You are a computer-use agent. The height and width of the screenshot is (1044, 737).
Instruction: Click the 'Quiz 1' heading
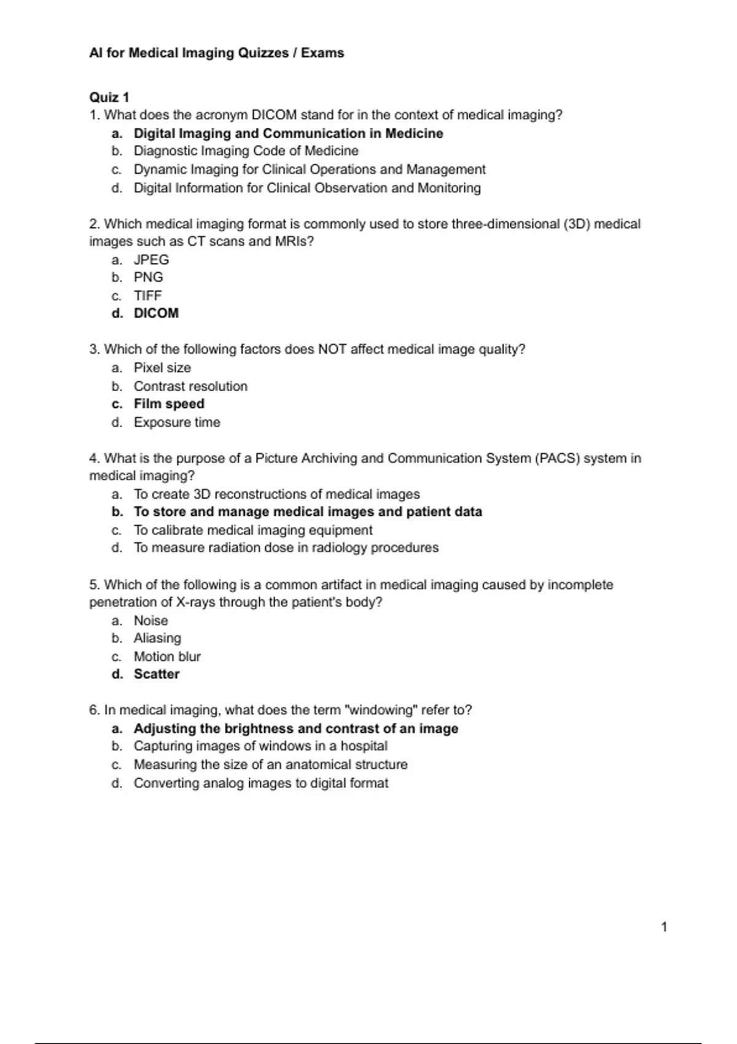pos(109,97)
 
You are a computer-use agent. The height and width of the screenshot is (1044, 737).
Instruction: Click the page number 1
pos(664,927)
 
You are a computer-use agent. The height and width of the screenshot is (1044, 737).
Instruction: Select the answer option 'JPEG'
pos(151,260)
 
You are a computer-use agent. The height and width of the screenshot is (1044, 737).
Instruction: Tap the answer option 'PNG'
pos(148,278)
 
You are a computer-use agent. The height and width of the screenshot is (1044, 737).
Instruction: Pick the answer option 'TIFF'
pos(147,295)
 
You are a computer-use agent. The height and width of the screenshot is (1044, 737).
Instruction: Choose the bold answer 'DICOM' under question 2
pos(156,313)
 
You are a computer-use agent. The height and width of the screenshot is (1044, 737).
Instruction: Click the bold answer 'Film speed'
pos(169,404)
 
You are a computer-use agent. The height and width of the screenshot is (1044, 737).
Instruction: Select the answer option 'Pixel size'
pos(162,368)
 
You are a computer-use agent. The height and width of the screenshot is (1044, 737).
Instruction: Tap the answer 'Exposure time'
pos(177,423)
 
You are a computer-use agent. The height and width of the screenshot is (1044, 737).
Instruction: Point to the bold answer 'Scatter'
pos(157,674)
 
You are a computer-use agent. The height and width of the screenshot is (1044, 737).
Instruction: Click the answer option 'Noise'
pos(150,621)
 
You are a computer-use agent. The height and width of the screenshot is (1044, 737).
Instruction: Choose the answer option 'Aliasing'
pos(157,638)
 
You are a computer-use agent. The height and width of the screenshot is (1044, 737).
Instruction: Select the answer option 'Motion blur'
pos(167,656)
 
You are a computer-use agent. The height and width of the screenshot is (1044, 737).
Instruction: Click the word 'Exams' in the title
pos(322,53)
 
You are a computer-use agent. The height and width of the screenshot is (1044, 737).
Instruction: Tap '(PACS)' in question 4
pos(557,459)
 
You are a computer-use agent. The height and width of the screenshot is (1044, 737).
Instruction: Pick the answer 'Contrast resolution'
pos(190,386)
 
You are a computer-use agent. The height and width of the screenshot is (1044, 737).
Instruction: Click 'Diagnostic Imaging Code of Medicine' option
pos(246,151)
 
